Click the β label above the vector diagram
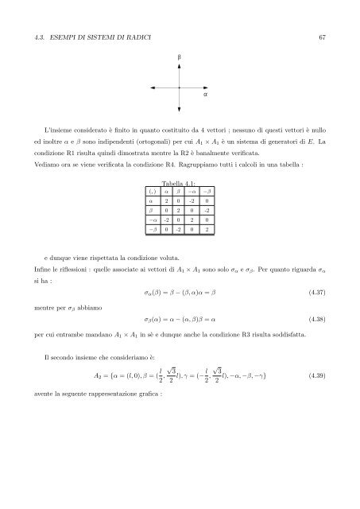click(180, 58)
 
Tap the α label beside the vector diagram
click(206, 94)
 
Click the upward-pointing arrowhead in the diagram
click(180, 68)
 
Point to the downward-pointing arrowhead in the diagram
click(180, 106)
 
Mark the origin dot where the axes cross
click(180, 87)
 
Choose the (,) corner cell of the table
click(152, 192)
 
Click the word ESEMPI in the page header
click(68, 37)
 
